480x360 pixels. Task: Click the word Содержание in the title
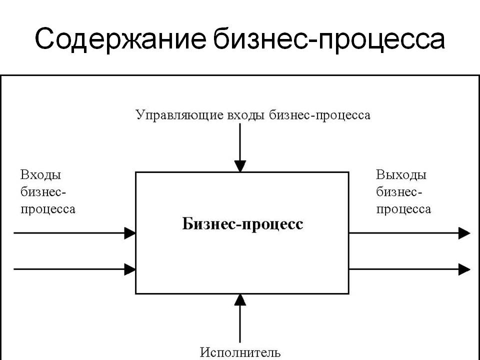(120, 39)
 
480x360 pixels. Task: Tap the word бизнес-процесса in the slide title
(328, 39)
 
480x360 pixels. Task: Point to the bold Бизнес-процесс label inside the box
(242, 224)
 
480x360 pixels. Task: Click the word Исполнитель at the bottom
(240, 353)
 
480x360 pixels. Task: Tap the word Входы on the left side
(40, 175)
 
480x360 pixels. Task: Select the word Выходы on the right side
(401, 175)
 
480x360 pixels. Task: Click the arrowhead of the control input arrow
(240, 166)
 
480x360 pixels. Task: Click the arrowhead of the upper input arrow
(130, 232)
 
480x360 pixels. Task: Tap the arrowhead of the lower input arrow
(130, 269)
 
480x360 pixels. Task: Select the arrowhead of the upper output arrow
(464, 233)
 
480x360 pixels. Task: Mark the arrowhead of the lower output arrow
(464, 269)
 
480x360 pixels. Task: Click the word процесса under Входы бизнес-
(48, 208)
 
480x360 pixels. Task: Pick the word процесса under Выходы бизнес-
(403, 208)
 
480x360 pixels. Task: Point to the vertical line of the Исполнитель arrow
(240, 325)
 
